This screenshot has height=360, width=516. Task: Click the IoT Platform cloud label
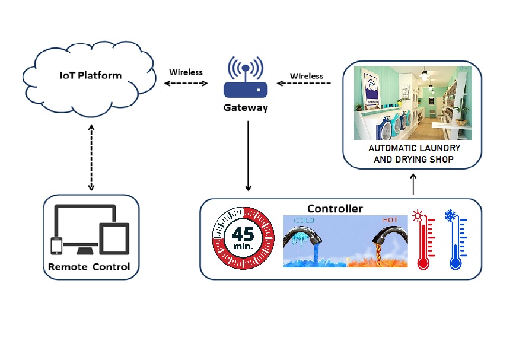click(91, 75)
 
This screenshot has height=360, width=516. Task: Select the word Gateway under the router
click(245, 108)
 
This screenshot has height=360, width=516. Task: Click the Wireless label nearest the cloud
click(186, 72)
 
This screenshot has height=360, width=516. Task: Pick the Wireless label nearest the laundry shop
click(307, 76)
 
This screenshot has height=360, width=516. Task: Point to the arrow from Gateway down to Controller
click(248, 154)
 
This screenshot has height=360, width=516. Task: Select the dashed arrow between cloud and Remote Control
click(91, 157)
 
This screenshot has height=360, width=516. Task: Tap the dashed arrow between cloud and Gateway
click(186, 84)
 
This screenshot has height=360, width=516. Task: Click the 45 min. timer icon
click(243, 238)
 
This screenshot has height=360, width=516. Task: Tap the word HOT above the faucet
click(390, 220)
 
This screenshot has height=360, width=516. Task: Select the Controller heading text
click(335, 208)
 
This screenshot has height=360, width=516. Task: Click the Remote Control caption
click(89, 267)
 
